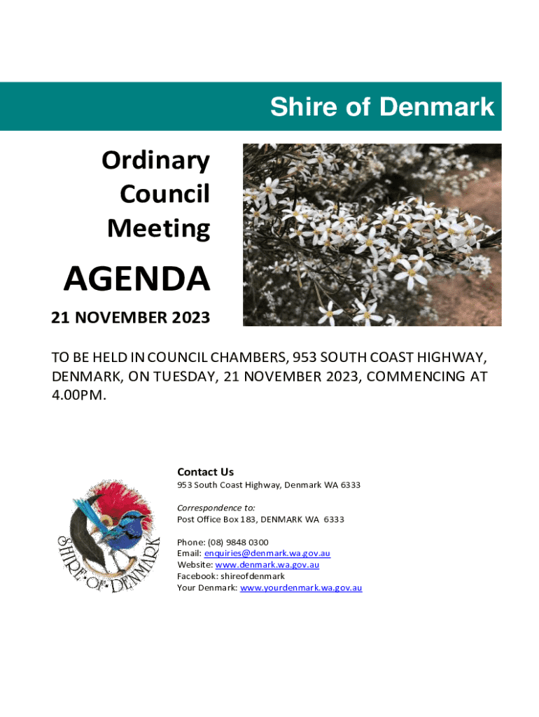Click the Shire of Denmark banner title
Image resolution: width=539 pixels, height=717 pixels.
(x=382, y=107)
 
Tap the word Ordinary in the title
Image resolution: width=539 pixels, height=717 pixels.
(x=155, y=160)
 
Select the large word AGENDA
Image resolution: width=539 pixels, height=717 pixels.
(x=137, y=279)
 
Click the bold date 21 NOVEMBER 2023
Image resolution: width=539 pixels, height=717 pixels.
(x=130, y=317)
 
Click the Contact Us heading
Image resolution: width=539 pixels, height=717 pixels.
(x=205, y=472)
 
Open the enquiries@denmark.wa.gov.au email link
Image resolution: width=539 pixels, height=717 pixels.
(x=267, y=553)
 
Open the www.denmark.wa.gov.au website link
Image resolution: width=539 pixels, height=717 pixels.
(x=267, y=564)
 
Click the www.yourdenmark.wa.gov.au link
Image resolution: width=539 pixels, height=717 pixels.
(x=300, y=587)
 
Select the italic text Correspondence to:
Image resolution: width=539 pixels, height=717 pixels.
(x=216, y=508)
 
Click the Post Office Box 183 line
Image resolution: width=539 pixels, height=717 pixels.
(x=260, y=520)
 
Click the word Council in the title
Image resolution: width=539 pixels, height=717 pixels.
(x=164, y=194)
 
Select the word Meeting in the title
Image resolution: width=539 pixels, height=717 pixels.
(x=158, y=228)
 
